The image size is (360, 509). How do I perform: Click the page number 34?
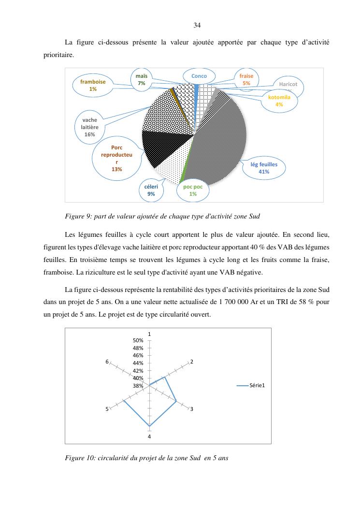click(x=197, y=25)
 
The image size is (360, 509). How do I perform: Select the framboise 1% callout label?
click(x=93, y=86)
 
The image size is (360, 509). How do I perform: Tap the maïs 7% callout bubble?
click(x=141, y=80)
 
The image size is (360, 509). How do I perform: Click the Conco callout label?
click(x=199, y=76)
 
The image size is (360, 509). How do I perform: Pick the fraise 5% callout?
click(x=246, y=80)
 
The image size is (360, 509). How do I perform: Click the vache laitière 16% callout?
click(x=89, y=127)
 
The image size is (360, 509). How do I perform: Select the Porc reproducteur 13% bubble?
click(x=116, y=159)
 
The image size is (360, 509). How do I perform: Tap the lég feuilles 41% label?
click(x=264, y=168)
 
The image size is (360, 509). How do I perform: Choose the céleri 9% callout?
click(x=151, y=190)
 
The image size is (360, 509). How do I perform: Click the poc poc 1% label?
click(x=193, y=190)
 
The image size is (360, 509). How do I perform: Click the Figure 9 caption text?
click(x=162, y=216)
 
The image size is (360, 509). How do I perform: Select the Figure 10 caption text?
click(x=146, y=458)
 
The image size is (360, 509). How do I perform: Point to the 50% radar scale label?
click(x=139, y=341)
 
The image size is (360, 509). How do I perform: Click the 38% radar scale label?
click(x=139, y=386)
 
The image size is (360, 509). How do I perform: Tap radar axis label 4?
click(x=150, y=436)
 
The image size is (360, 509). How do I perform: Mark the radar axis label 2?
click(x=192, y=362)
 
